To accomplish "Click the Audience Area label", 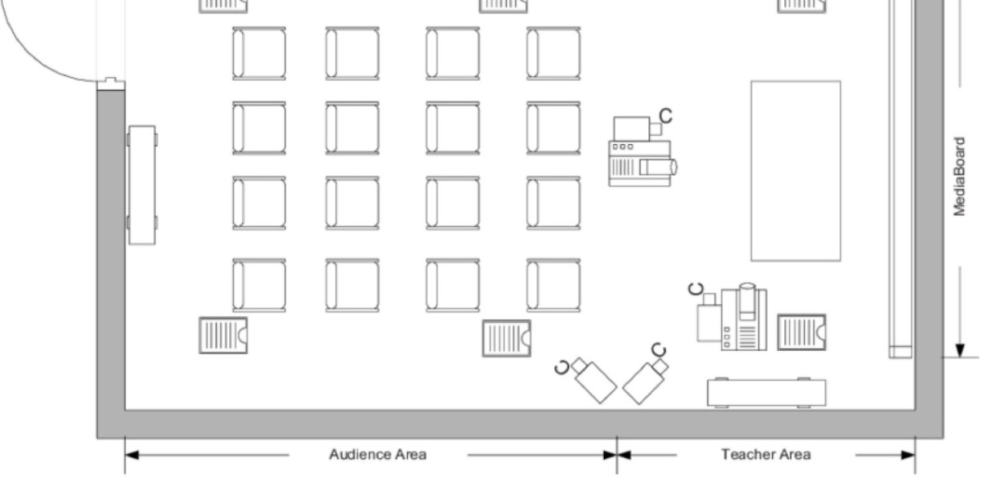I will (x=377, y=454).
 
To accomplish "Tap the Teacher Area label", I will (x=765, y=454).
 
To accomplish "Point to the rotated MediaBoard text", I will (x=961, y=176).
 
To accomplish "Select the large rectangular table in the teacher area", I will (x=795, y=170).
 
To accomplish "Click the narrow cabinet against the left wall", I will (x=141, y=184).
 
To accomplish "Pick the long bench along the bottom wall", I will (x=766, y=393).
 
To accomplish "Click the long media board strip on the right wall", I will (x=900, y=176).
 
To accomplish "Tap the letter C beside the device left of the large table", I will (x=666, y=115).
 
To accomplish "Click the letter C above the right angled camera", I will (x=659, y=350).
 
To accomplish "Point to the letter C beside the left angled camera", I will (x=561, y=366).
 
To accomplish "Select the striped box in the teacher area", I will (x=801, y=332).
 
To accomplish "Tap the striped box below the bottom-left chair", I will (x=223, y=335).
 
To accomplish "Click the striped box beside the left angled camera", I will (x=506, y=338).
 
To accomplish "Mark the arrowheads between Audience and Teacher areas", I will (x=616, y=455).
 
